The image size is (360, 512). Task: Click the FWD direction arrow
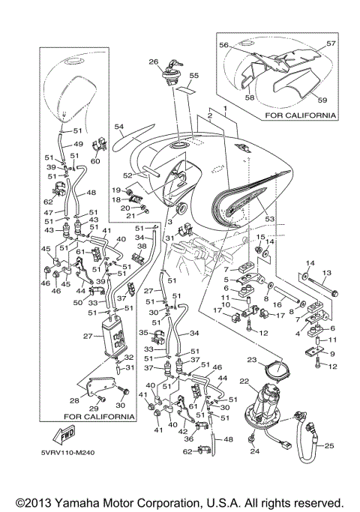pyautogui.click(x=64, y=435)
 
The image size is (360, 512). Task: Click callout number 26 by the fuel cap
pyautogui.click(x=154, y=61)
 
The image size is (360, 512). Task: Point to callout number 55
pyautogui.click(x=194, y=76)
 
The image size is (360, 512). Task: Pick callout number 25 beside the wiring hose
pyautogui.click(x=329, y=445)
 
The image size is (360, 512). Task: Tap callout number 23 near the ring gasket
pyautogui.click(x=252, y=360)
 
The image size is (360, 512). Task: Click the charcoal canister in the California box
pyautogui.click(x=112, y=337)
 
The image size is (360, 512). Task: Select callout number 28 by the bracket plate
pyautogui.click(x=74, y=400)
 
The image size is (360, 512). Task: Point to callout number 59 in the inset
pyautogui.click(x=322, y=100)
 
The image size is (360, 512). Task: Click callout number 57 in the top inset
pyautogui.click(x=331, y=43)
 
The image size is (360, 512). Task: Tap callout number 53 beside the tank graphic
pyautogui.click(x=269, y=218)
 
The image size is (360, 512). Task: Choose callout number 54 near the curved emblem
pyautogui.click(x=119, y=126)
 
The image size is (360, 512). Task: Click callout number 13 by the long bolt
pyautogui.click(x=327, y=273)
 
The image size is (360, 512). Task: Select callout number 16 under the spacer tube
pyautogui.click(x=277, y=304)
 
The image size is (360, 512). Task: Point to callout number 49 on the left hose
pyautogui.click(x=78, y=144)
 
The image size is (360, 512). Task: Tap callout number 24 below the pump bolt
pyautogui.click(x=255, y=451)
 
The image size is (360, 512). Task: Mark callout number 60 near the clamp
pyautogui.click(x=95, y=161)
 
